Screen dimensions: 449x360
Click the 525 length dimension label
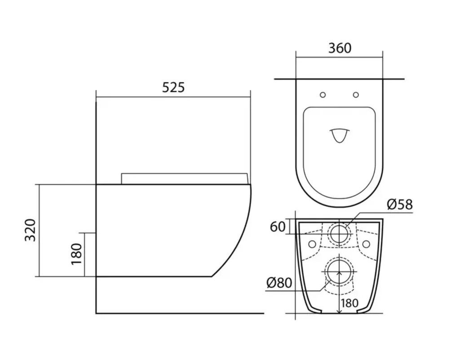(173, 88)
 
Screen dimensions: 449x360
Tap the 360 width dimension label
(339, 48)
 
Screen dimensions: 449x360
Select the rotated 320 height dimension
(30, 230)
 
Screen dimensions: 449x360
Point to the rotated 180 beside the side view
(76, 254)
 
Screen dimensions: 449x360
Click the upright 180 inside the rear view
(350, 303)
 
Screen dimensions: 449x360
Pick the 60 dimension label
(278, 227)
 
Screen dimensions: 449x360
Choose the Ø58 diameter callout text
(400, 204)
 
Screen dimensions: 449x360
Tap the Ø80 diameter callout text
(279, 283)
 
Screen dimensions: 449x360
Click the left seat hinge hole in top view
(323, 95)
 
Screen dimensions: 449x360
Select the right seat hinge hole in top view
(356, 94)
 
